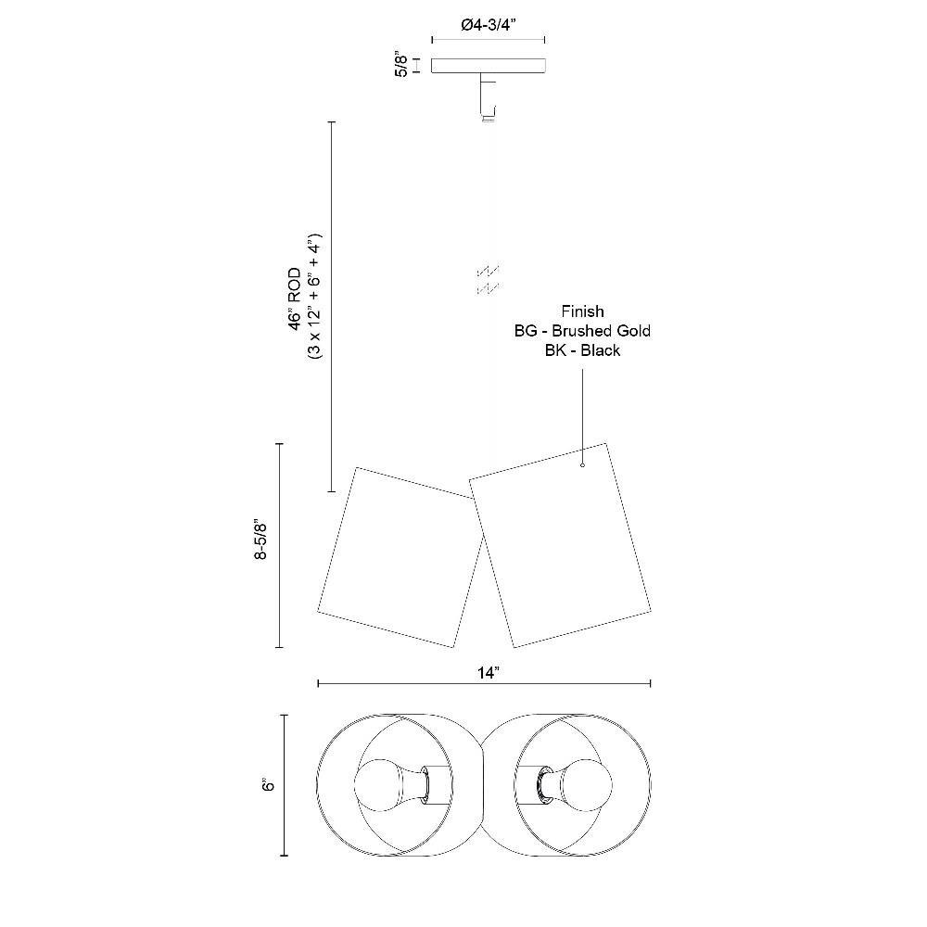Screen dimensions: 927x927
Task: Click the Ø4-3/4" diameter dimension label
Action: tap(489, 25)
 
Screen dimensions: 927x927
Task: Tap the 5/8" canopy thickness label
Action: tap(401, 65)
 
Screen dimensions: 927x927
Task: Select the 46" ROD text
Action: tap(295, 298)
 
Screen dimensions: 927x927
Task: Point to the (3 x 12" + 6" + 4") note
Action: tap(314, 296)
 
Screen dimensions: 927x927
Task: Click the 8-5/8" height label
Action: tap(260, 540)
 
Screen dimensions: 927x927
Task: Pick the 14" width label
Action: tap(489, 673)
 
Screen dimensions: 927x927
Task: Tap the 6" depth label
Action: tap(269, 784)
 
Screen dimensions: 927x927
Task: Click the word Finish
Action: tap(582, 311)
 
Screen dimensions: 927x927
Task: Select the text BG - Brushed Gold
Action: tap(582, 331)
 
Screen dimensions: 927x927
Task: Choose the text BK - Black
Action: tap(582, 350)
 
